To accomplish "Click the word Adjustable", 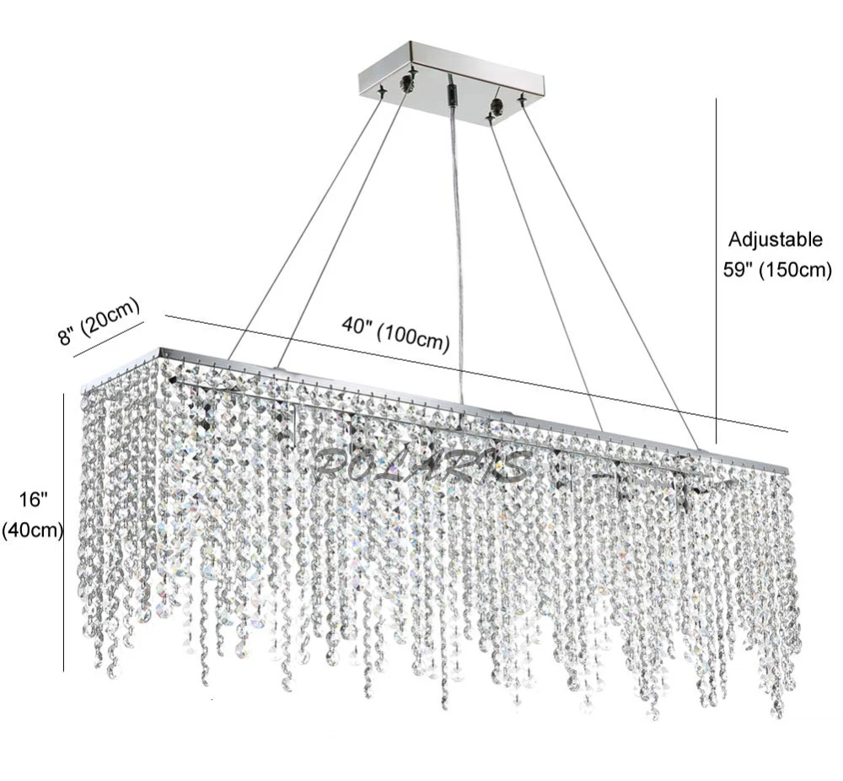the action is [776, 240].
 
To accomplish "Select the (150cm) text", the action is [795, 269].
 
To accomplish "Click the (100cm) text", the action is [413, 338].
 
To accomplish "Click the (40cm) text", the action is [33, 531].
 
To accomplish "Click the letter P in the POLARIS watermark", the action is [330, 466].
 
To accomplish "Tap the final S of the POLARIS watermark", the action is [510, 466].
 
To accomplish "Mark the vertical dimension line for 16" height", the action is [63, 532].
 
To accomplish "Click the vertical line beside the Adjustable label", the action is [716, 271].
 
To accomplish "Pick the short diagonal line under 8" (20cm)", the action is [109, 339].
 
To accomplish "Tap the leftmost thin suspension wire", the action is [304, 226].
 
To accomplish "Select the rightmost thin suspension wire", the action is [610, 272].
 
